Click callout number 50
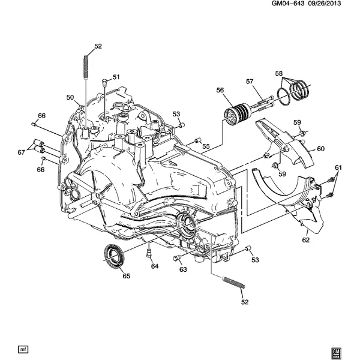click(70, 97)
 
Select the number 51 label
click(116, 77)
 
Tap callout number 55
click(206, 146)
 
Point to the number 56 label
click(220, 91)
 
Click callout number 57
click(250, 82)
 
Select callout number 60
click(320, 149)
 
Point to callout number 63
click(183, 269)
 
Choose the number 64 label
click(155, 266)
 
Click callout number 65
click(126, 276)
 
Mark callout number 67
click(21, 152)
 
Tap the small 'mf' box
click(23, 349)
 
